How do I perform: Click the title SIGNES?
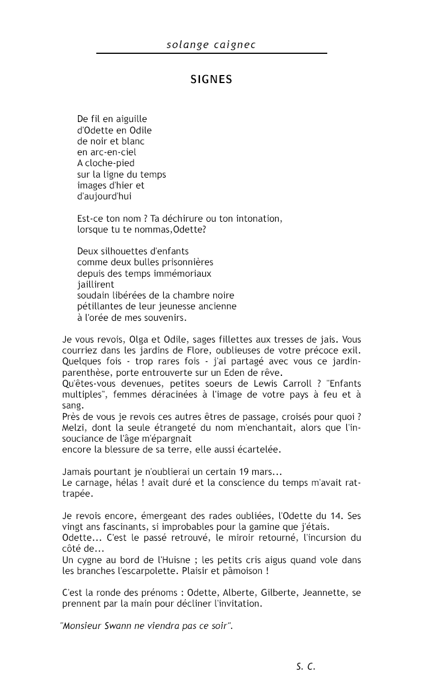pos(211,80)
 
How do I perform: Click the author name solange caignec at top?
pos(211,44)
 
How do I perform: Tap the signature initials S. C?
pos(306,666)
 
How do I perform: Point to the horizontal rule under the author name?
pos(211,53)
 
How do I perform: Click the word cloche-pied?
pos(110,163)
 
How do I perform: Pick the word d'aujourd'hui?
pos(104,196)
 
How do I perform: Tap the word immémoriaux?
pos(183,274)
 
